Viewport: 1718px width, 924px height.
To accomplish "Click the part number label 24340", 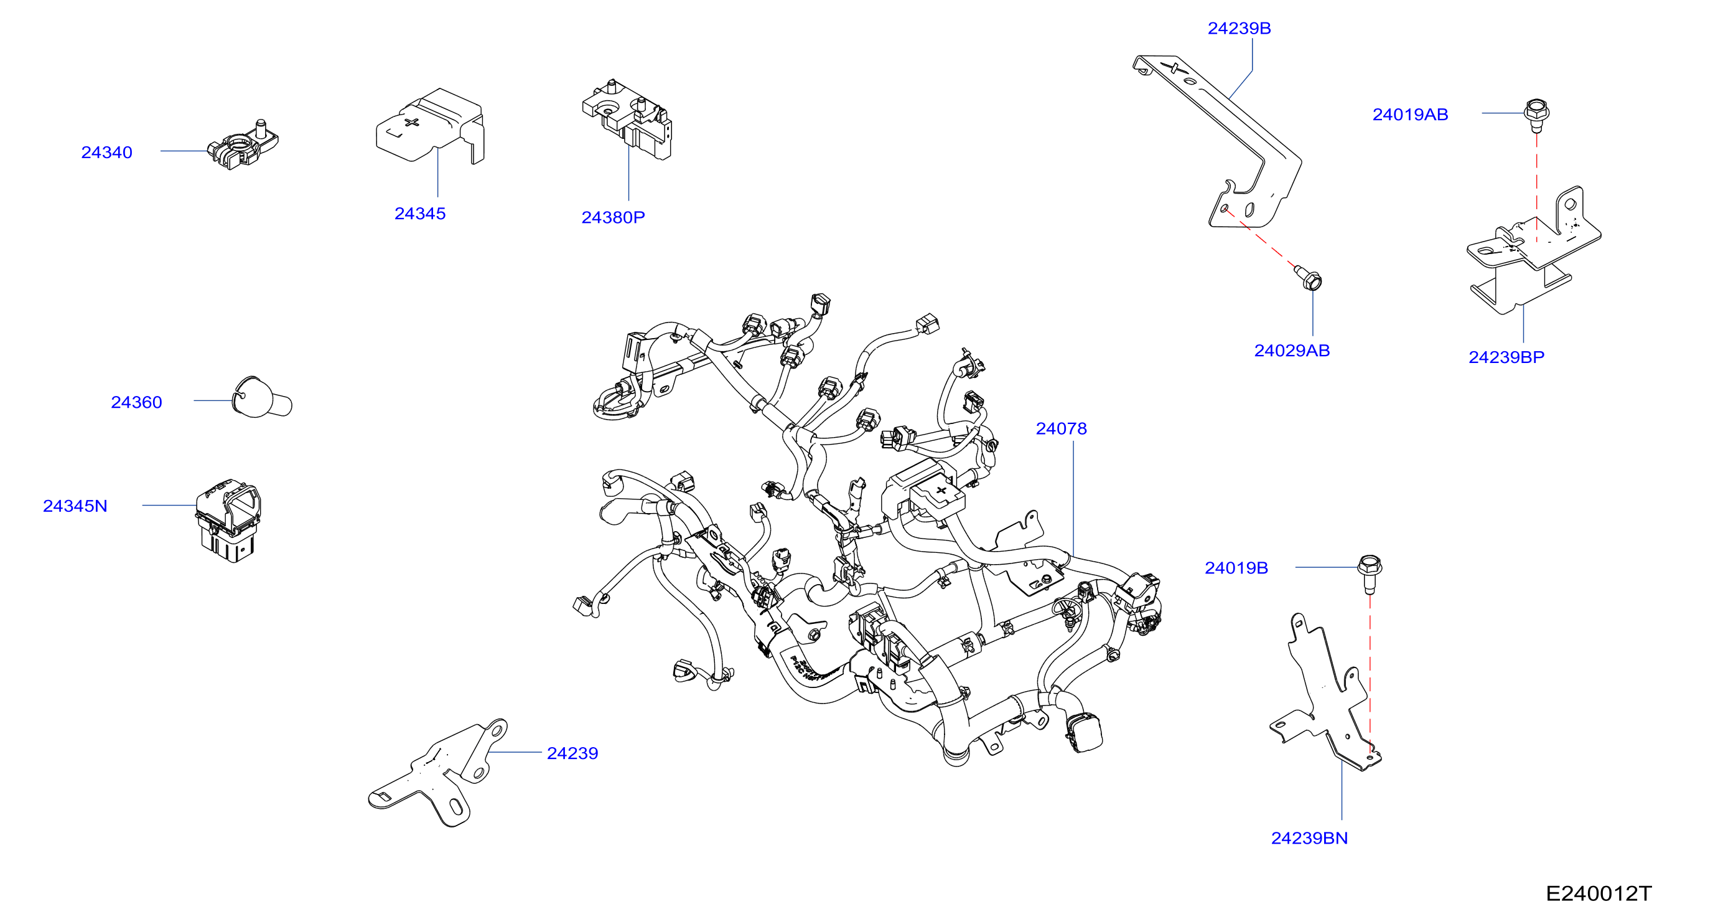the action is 106,152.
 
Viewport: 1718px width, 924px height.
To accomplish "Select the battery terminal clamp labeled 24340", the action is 243,145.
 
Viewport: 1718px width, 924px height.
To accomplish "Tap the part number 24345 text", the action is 420,214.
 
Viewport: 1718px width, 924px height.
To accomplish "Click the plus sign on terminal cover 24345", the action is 412,122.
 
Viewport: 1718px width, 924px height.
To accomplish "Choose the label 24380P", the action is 613,217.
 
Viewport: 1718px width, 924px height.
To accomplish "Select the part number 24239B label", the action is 1239,29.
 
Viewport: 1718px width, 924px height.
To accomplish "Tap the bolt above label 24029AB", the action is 1309,278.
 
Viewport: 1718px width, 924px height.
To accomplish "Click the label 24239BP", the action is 1506,357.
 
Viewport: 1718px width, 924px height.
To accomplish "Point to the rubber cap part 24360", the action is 261,398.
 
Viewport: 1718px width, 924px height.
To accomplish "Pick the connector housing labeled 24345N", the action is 228,521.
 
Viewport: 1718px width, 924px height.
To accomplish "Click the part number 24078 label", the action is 1061,428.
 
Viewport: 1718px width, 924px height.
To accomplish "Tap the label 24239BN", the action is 1309,838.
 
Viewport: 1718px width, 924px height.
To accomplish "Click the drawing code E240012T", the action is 1599,893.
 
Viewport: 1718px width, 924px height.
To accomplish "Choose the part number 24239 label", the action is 572,753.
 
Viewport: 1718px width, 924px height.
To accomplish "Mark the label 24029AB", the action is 1292,351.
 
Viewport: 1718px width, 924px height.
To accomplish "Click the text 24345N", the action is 75,506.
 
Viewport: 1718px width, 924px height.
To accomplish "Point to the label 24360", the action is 136,402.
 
